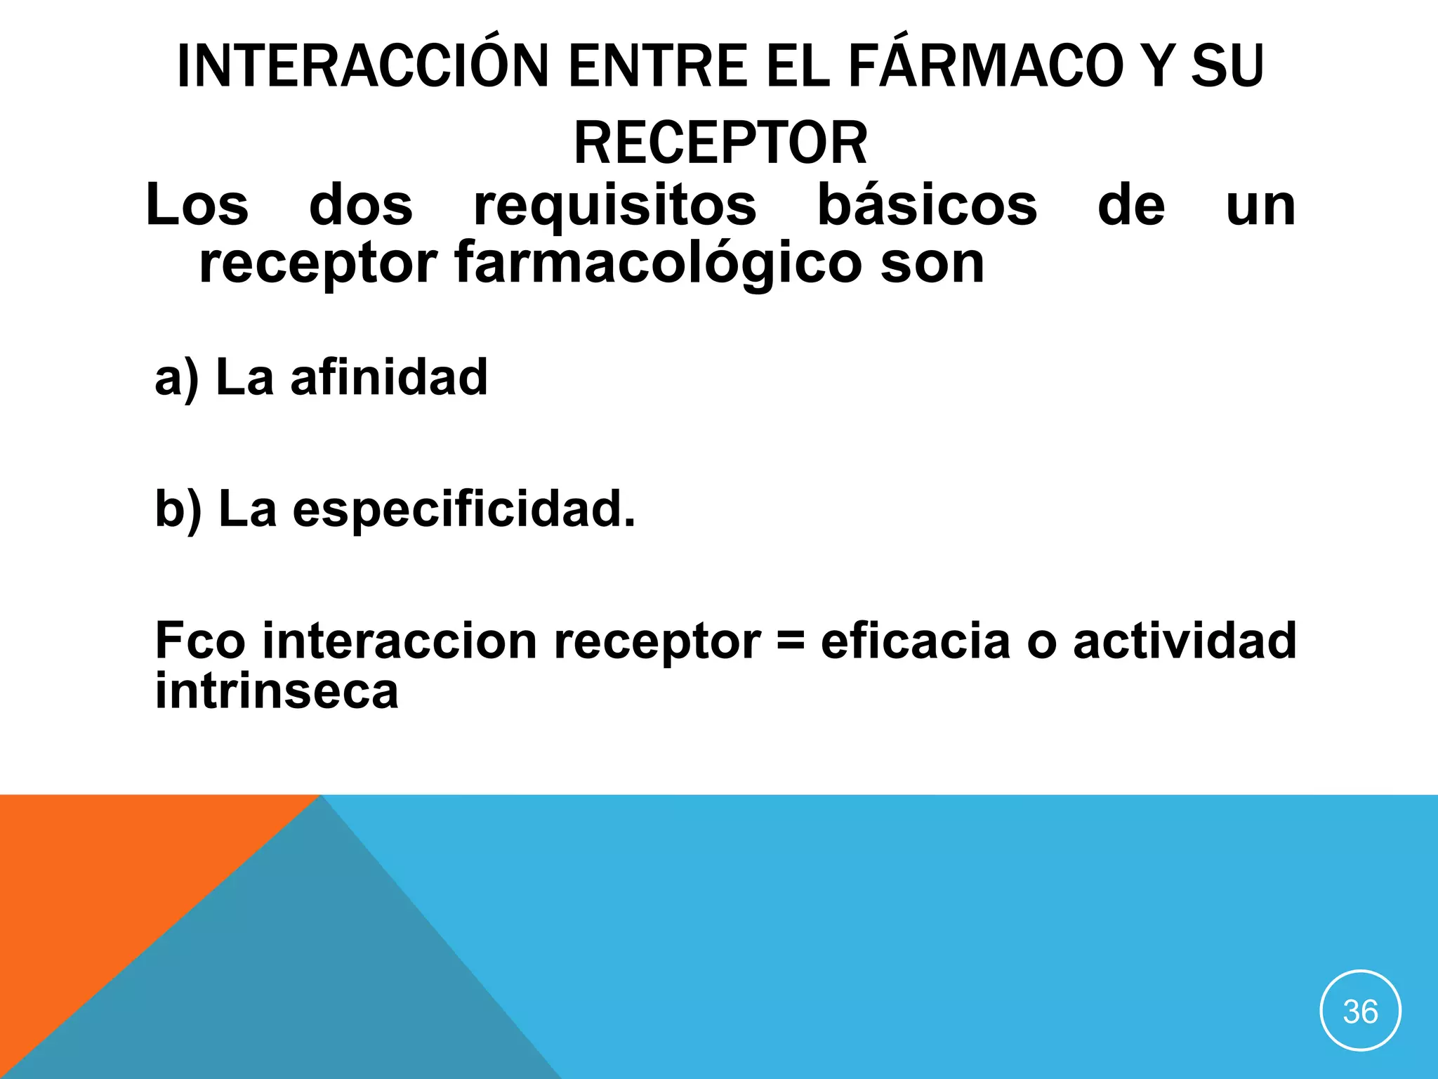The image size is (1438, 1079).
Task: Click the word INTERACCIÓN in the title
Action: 362,67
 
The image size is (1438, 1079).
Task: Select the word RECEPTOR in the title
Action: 720,143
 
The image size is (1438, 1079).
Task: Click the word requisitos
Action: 615,207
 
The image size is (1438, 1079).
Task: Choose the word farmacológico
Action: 658,264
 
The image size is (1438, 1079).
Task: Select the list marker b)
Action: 178,509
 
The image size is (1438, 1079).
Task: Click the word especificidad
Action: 463,509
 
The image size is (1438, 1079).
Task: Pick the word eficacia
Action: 915,641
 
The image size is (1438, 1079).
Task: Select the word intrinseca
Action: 277,691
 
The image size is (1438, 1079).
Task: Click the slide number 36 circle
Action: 1360,1011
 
